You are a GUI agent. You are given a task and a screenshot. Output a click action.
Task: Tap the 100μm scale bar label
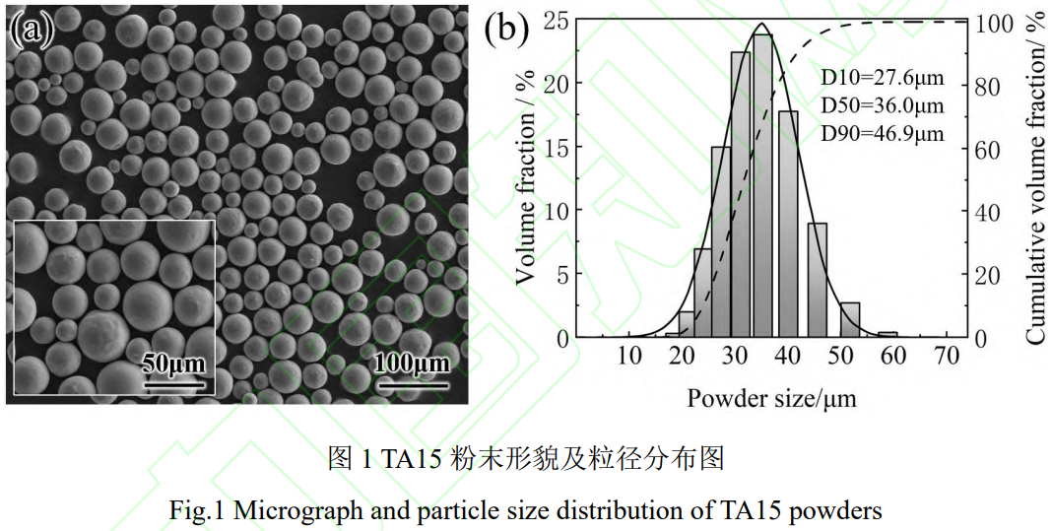coord(411,364)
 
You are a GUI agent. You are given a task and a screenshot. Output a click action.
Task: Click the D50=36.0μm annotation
coord(883,105)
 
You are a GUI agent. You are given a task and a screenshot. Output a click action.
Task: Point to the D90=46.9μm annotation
coord(883,132)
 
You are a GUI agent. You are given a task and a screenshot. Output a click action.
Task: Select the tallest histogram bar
coord(762,187)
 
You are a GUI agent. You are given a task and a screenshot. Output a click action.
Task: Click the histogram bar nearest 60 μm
coord(888,335)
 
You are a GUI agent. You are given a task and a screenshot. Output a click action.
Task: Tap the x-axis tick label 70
coord(947,357)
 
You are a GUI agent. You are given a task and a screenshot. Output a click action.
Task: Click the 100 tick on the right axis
coord(993,23)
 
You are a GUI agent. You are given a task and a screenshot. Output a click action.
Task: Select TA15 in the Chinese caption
coord(414,458)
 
